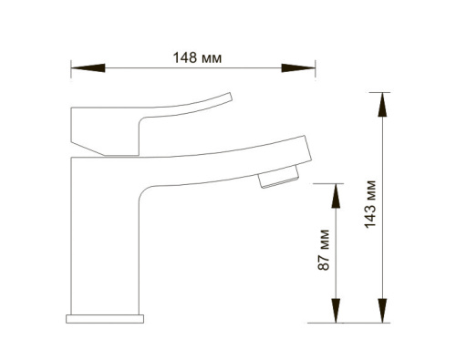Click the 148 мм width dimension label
coord(197,57)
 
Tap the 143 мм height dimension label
coord(370,204)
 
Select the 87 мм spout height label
coord(323,250)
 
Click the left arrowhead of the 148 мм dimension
coord(88,68)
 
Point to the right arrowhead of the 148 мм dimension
coord(298,68)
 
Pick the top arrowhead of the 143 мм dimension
coord(382,105)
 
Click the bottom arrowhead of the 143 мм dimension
coord(382,311)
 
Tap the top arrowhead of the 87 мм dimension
coord(336,196)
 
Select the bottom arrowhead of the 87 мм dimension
coord(336,311)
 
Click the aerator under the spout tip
coord(279,177)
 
